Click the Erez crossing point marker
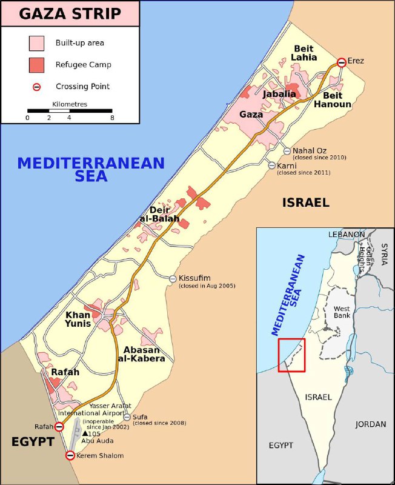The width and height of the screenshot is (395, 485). tap(342, 62)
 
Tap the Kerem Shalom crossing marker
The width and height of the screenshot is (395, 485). tap(70, 455)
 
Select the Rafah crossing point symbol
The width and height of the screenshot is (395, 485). tap(59, 427)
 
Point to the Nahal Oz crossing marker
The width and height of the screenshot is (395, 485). tap(287, 151)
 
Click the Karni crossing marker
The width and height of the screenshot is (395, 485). tap(272, 166)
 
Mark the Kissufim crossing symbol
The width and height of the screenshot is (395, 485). tap(173, 278)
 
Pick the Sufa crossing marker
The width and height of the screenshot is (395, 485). tap(127, 417)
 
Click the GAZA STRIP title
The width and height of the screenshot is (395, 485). tap(69, 13)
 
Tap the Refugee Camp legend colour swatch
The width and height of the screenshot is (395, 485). tap(36, 65)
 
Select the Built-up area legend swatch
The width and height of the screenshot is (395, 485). tap(36, 43)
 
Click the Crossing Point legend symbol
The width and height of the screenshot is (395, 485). tap(36, 87)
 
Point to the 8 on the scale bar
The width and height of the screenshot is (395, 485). tap(112, 118)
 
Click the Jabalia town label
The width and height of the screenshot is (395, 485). tap(279, 94)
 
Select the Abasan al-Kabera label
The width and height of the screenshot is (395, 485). tap(144, 354)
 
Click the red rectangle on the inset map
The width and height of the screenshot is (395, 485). tap(291, 355)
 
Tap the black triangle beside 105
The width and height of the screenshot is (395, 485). tap(84, 434)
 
